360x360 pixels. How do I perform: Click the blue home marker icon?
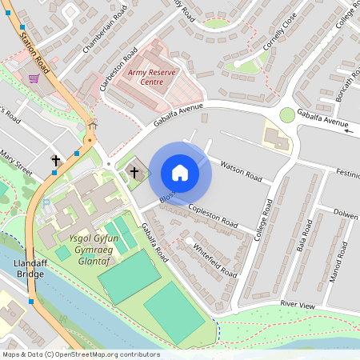tap(180, 173)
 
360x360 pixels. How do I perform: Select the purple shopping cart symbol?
tap(34, 78)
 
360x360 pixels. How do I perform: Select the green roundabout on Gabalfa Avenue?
tap(286, 115)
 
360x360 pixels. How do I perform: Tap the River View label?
tap(298, 305)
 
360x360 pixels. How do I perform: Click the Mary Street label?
tap(15, 164)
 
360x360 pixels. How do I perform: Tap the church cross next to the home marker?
tap(134, 172)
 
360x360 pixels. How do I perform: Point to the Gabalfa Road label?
tap(154, 243)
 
